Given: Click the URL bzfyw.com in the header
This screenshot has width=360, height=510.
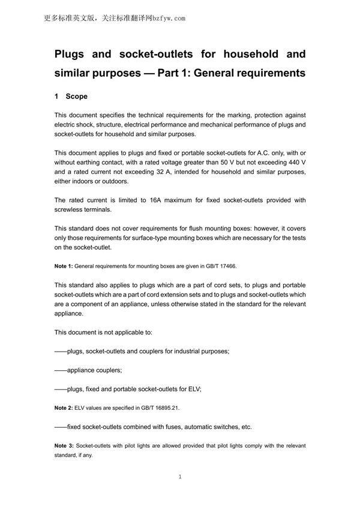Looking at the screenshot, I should tap(167, 18).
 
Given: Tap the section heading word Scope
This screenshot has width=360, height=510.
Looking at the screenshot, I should tap(77, 96).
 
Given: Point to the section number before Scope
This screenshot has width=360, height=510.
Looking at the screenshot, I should tap(56, 96).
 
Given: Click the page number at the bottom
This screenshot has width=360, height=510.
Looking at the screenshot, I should tap(180, 477).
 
